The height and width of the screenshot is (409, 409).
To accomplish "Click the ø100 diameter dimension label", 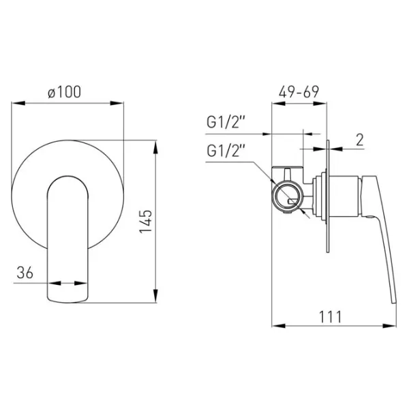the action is pyautogui.click(x=65, y=92).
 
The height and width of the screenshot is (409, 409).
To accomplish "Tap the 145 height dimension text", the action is pyautogui.click(x=145, y=221).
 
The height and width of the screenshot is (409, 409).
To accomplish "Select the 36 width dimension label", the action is pyautogui.click(x=25, y=273).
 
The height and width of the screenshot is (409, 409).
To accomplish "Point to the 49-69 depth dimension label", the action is pyautogui.click(x=299, y=92).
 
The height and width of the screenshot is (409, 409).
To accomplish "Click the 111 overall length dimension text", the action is pyautogui.click(x=330, y=317).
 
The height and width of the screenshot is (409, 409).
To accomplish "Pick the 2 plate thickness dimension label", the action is pyautogui.click(x=360, y=140).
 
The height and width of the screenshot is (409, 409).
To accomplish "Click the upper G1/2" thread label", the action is pyautogui.click(x=226, y=122).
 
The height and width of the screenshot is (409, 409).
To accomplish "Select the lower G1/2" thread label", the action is pyautogui.click(x=226, y=151).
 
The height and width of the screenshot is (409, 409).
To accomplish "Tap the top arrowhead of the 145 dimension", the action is pyautogui.click(x=155, y=147).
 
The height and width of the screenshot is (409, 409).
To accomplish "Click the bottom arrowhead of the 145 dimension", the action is pyautogui.click(x=155, y=296).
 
